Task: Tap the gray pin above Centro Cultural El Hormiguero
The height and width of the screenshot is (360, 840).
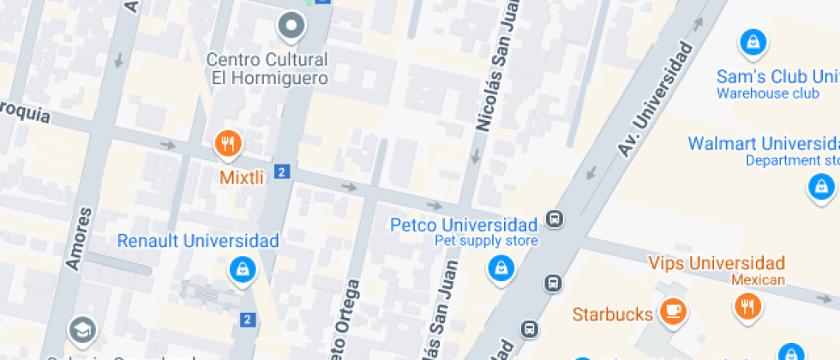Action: (291, 26)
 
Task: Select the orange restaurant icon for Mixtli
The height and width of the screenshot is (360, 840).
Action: (227, 144)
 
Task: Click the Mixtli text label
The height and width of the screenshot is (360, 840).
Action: (241, 177)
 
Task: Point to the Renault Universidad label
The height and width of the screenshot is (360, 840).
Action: (198, 241)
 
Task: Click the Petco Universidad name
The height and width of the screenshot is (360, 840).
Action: (464, 225)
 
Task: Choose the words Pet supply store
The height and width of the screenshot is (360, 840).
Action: (486, 241)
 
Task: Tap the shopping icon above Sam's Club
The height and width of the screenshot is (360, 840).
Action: (752, 40)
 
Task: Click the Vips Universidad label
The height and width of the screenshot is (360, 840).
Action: (717, 262)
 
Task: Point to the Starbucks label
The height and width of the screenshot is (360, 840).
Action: (612, 314)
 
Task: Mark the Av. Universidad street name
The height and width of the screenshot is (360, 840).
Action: (655, 99)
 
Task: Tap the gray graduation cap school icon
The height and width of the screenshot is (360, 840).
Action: (82, 328)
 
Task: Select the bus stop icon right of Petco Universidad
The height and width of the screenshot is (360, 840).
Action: (555, 219)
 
